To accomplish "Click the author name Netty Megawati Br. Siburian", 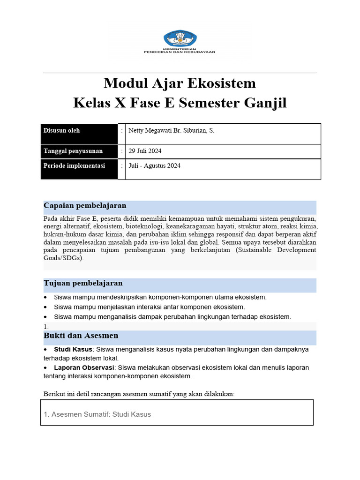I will [171, 131].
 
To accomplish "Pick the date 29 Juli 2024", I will [145, 151].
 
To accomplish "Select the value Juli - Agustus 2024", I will [154, 166].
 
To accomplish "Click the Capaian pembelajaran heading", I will [85, 206].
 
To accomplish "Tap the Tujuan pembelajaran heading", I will [83, 283].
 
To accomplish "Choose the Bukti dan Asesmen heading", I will [81, 336].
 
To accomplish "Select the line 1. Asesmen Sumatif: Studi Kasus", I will [97, 414].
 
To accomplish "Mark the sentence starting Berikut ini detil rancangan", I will [139, 394].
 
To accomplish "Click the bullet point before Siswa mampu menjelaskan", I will [45, 307].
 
